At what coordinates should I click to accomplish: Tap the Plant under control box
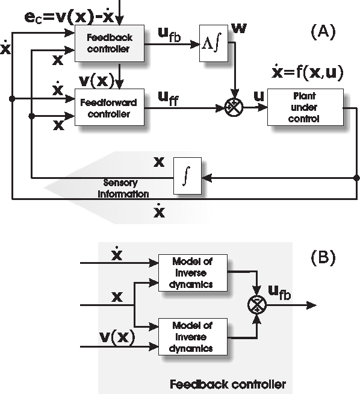306,107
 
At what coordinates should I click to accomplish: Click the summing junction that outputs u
232,107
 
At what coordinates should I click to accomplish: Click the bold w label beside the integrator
239,28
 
